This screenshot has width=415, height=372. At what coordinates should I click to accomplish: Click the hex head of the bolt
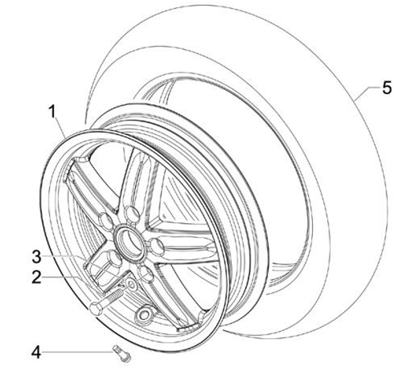click(96, 308)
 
